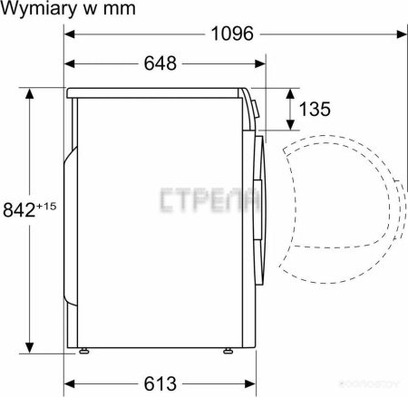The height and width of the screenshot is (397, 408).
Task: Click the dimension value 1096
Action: coord(231,35)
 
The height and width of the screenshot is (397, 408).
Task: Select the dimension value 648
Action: coord(160,63)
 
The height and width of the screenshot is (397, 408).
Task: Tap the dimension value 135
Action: coord(314,110)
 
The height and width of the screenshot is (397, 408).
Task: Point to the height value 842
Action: coord(19,211)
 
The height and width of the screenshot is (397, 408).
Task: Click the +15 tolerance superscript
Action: coord(47,206)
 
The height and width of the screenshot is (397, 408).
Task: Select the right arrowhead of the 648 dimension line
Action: coord(261,63)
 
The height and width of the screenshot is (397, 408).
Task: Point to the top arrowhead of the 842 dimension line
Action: coord(29,92)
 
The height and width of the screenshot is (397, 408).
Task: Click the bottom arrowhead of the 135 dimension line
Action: coord(291,126)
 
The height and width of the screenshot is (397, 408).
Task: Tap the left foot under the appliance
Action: coord(84,349)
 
